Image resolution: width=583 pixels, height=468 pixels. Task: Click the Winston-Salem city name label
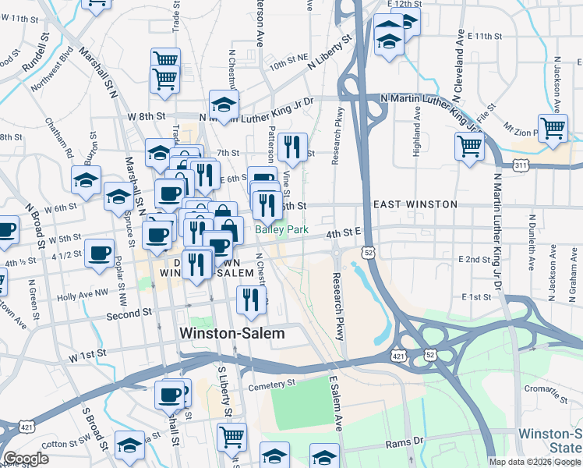pyautogui.click(x=232, y=333)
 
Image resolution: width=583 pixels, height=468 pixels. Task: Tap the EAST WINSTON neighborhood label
pyautogui.click(x=415, y=204)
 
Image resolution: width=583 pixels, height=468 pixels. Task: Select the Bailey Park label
pyautogui.click(x=281, y=231)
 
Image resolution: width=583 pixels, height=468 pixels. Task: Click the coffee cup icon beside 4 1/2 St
pyautogui.click(x=100, y=253)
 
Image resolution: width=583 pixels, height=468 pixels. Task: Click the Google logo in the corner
pyautogui.click(x=26, y=459)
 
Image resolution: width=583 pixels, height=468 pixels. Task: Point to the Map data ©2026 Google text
pyautogui.click(x=535, y=462)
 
